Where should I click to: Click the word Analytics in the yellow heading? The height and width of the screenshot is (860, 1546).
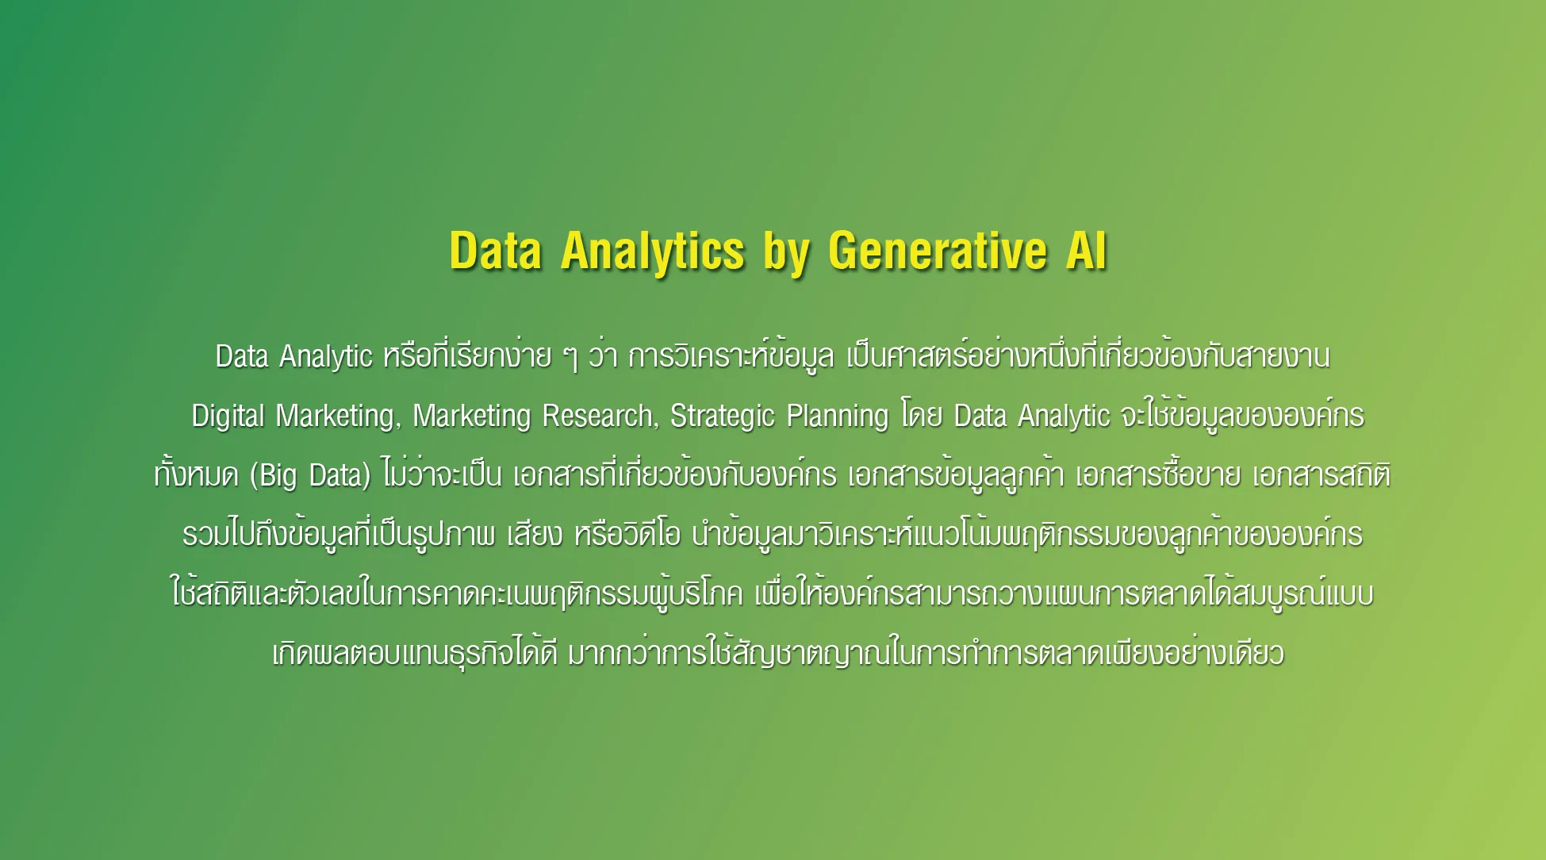(x=653, y=252)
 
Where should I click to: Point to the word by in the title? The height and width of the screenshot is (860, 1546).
(x=787, y=253)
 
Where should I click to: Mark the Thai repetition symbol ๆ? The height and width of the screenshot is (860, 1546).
(x=570, y=357)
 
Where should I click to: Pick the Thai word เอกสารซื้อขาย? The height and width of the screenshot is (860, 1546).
(x=1158, y=474)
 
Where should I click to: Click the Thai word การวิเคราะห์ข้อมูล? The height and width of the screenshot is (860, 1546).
(x=731, y=356)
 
